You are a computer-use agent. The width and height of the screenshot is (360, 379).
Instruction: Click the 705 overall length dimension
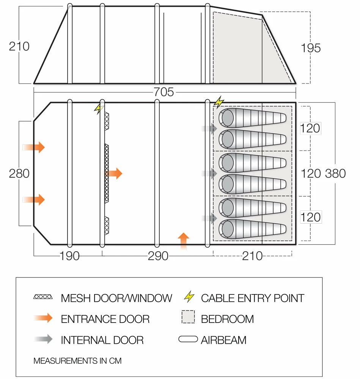(x=164, y=92)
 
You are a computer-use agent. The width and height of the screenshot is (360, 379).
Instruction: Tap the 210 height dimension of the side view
(x=19, y=46)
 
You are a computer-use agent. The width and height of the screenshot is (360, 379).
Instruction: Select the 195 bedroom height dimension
(x=311, y=48)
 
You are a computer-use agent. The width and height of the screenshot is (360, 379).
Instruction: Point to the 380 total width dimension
(x=335, y=173)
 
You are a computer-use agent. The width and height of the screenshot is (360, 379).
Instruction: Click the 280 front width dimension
(x=19, y=173)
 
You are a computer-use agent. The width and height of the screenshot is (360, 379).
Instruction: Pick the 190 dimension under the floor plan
(x=69, y=256)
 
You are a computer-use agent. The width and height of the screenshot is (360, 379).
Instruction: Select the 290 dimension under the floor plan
(x=158, y=256)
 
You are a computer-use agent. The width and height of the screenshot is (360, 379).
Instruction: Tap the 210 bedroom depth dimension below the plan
(x=252, y=256)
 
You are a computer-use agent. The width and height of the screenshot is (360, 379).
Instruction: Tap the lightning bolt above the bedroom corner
(x=219, y=102)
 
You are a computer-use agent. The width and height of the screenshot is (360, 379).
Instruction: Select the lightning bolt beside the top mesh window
(x=99, y=109)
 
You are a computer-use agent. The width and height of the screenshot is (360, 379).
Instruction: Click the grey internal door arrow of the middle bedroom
(x=209, y=174)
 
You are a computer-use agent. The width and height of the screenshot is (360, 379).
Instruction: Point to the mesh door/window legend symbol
(x=43, y=297)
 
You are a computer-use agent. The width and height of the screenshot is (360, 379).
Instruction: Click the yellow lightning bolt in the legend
(x=189, y=297)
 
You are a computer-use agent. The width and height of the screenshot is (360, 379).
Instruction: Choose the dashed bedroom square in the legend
(x=189, y=317)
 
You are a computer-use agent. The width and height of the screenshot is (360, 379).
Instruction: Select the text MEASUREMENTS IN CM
(x=77, y=360)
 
